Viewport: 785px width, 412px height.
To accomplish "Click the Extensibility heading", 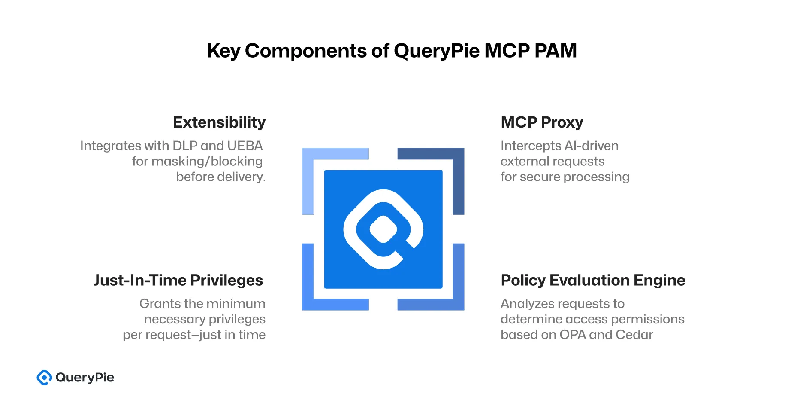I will point(219,122).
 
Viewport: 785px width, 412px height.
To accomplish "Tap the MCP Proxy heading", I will point(542,122).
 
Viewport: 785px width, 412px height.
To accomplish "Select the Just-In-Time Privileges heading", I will point(178,280).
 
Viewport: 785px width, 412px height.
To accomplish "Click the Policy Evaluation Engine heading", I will point(593,280).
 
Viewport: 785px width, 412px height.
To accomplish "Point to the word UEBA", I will point(245,146).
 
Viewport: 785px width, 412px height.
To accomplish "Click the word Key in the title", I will point(223,51).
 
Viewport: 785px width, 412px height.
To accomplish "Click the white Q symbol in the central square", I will point(383,229).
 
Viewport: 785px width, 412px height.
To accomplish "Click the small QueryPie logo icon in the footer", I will point(44,378).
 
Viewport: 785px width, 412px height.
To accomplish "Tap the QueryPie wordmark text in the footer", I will point(85,378).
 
